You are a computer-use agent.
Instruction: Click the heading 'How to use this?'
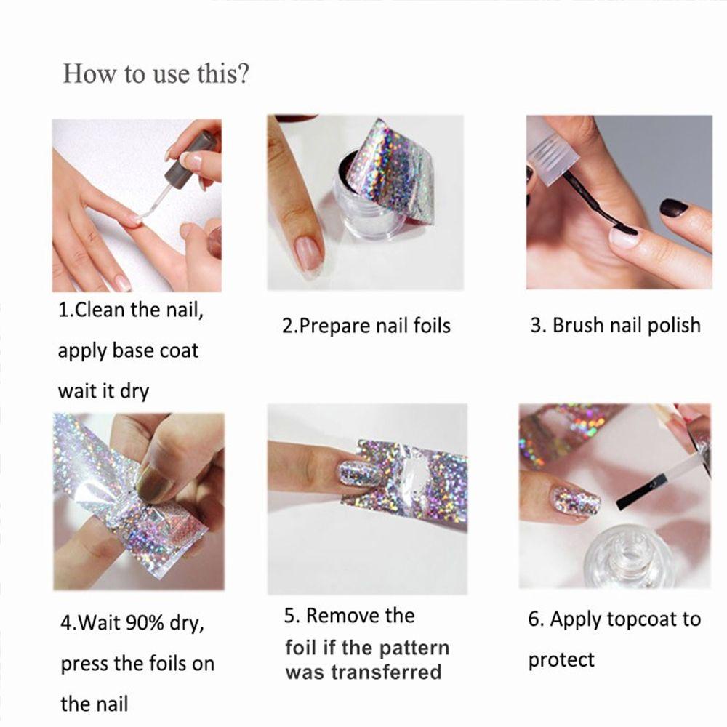[156, 74]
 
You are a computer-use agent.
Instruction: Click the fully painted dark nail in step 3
[674, 208]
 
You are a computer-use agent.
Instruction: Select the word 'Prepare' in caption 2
[334, 326]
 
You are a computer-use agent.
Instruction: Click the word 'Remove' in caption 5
[337, 616]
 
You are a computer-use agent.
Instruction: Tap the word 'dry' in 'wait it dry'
[134, 391]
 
